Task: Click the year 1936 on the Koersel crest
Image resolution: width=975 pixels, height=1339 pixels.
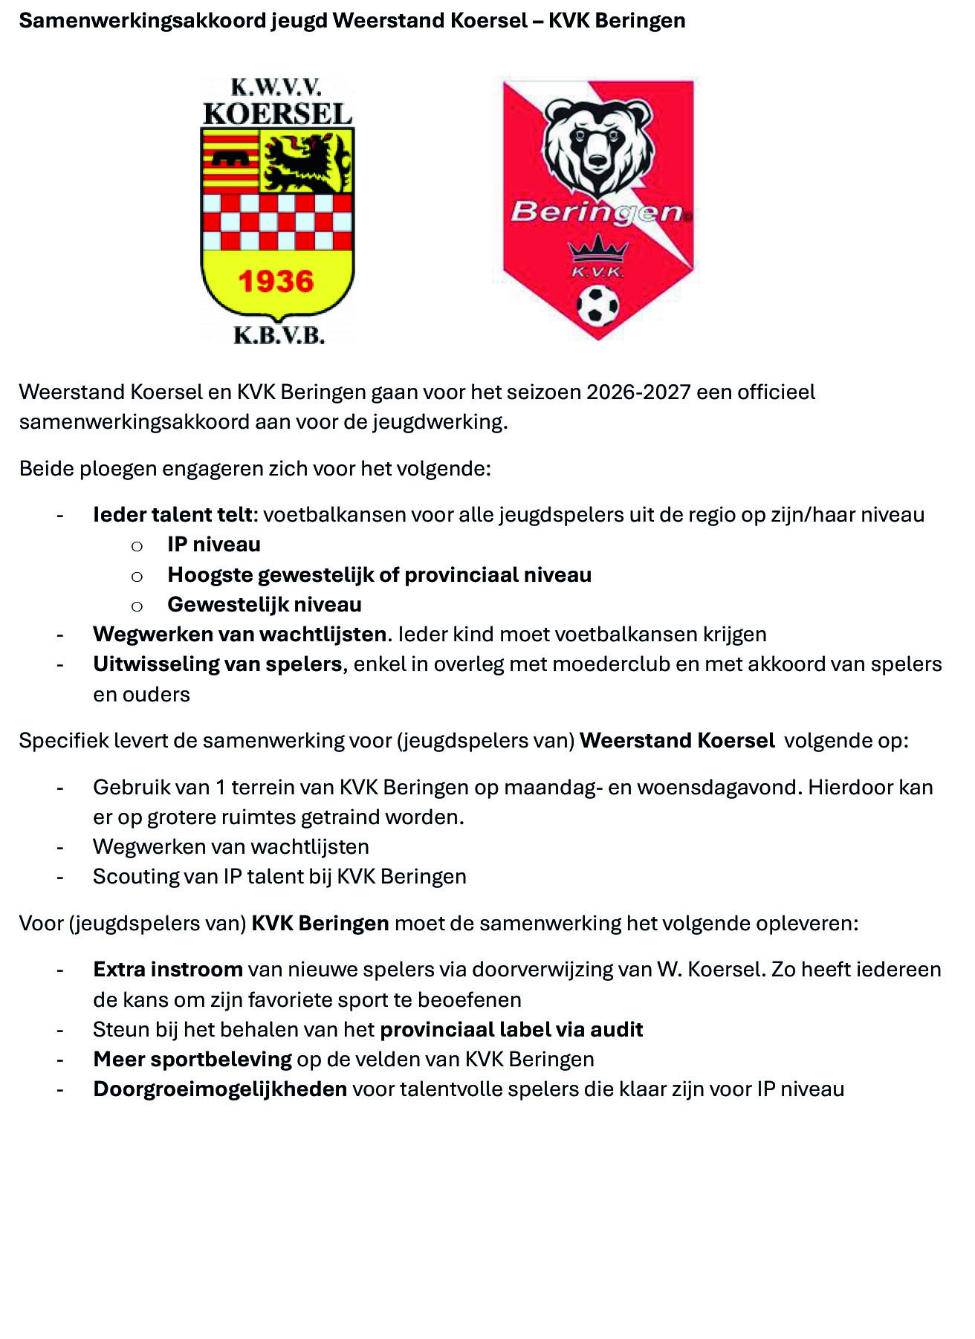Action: (x=276, y=281)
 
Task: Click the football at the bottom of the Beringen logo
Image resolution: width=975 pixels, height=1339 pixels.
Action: (x=597, y=306)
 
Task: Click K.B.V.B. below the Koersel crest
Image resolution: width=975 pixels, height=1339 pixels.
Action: (x=279, y=336)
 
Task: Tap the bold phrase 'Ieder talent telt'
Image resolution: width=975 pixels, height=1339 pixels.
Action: (x=173, y=514)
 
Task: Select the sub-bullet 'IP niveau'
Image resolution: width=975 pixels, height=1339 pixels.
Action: (x=214, y=545)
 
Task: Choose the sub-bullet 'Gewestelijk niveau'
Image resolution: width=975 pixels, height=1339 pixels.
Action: (x=265, y=604)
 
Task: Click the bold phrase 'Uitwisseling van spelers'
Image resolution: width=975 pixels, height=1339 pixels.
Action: (x=217, y=664)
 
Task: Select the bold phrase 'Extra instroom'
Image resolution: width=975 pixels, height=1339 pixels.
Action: (x=168, y=969)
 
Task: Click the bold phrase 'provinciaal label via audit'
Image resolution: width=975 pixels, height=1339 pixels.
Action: (x=511, y=1029)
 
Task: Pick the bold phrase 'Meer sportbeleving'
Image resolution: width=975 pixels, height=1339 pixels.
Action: (x=192, y=1059)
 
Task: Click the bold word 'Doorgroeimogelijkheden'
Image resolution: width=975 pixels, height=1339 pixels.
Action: (x=220, y=1089)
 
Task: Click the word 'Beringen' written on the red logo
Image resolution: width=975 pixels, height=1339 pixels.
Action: (x=596, y=213)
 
